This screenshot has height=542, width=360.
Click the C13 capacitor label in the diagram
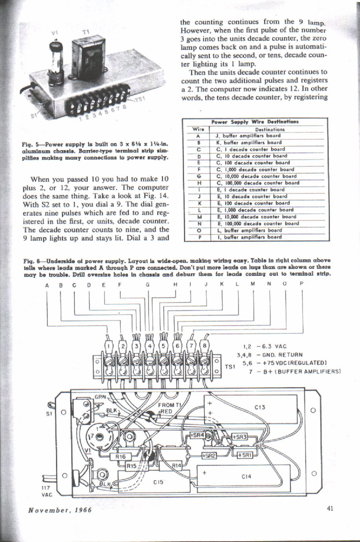pyautogui.click(x=260, y=407)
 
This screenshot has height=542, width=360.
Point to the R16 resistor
pyautogui.click(x=120, y=457)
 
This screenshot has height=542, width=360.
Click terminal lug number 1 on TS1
pyautogui.click(x=109, y=346)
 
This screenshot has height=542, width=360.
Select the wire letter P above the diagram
pyautogui.click(x=301, y=285)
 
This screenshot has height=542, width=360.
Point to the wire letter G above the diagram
pyautogui.click(x=147, y=285)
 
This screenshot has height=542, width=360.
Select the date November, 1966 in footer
pyautogui.click(x=60, y=510)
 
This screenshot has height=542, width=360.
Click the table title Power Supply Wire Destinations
pyautogui.click(x=255, y=121)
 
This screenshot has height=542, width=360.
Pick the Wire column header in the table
pyautogui.click(x=198, y=129)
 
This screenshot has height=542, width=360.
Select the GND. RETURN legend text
pyautogui.click(x=280, y=355)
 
